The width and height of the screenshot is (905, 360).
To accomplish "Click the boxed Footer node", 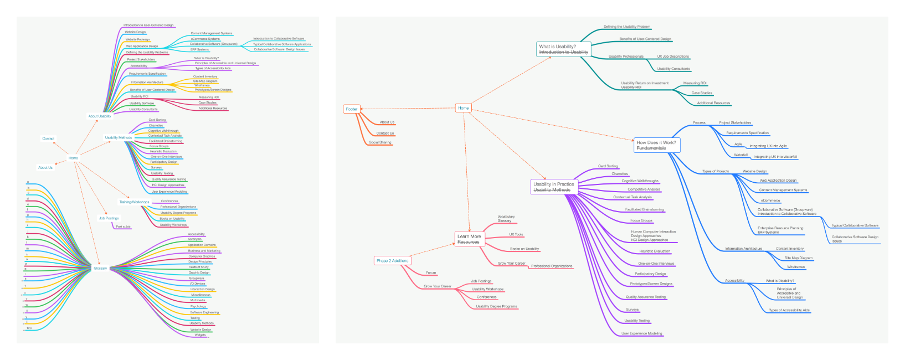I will click(352, 109).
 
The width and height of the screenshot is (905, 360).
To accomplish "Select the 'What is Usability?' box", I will click(563, 49).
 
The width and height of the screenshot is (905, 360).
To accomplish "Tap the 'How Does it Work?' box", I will click(656, 145).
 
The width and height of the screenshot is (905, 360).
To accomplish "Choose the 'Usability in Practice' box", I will click(554, 187).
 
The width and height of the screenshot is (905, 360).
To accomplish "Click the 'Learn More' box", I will click(469, 239).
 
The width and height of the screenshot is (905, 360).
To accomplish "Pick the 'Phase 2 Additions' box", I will click(392, 260).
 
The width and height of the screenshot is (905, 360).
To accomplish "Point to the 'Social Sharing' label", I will click(380, 142).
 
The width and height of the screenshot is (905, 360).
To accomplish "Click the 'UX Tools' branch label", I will click(516, 234).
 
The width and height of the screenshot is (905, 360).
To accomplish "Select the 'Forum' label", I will click(431, 272).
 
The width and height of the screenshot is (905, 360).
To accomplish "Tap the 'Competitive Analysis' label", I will click(644, 189).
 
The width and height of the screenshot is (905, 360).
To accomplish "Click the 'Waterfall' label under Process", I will click(741, 155).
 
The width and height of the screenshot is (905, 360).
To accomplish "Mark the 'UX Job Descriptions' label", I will click(673, 56).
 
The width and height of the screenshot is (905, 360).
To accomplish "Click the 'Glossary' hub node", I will click(100, 268).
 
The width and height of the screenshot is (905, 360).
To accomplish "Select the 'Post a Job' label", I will click(123, 227).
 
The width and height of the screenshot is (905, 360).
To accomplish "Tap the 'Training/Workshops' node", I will click(134, 202).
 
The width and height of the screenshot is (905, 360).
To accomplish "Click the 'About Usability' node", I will click(100, 116).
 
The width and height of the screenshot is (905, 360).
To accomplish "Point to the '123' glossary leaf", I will click(29, 328).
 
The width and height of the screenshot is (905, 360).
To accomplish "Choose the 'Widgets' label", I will click(200, 335).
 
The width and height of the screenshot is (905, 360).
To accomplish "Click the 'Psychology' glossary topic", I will click(198, 306).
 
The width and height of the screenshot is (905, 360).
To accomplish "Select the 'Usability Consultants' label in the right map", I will click(673, 69).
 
